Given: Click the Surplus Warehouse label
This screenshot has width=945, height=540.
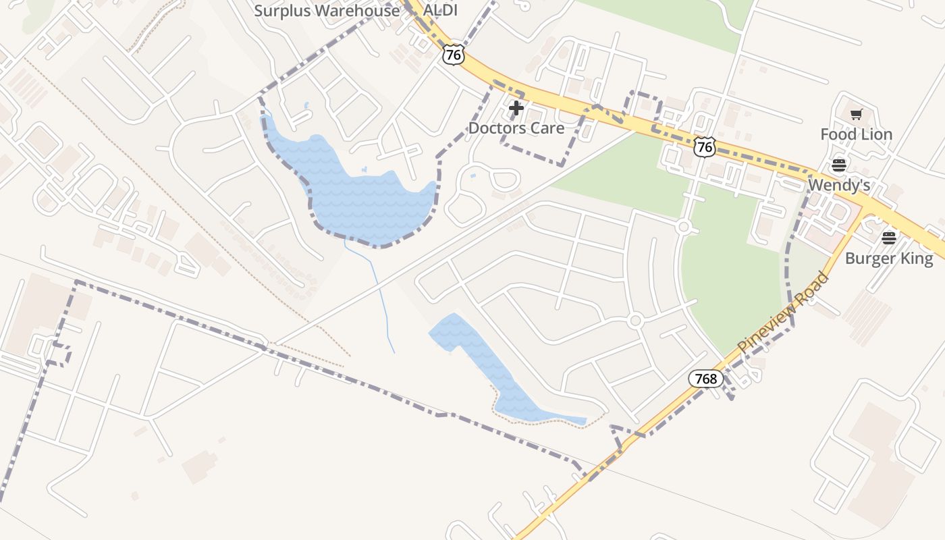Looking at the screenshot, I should tap(327, 11).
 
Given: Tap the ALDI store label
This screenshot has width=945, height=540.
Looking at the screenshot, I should tap(440, 11).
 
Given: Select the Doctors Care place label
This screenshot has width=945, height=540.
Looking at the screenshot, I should tap(516, 128).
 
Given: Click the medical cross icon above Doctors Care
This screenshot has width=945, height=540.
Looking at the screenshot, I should tap(516, 108).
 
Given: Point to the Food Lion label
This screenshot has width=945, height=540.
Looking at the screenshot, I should tap(856, 134).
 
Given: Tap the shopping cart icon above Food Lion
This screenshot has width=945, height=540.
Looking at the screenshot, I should tap(856, 115).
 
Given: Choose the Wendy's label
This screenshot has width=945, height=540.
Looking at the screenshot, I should tap(838, 185).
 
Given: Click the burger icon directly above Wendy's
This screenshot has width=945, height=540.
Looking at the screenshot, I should tap(839, 165).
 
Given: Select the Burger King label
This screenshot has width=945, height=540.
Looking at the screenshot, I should tap(889, 258).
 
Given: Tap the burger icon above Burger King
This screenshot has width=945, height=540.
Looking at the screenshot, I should tap(889, 238).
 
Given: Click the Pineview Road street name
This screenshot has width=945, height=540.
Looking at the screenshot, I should tap(782, 313).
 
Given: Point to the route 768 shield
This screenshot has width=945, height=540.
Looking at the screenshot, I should tap(705, 379).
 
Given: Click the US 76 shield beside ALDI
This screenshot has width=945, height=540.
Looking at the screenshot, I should tap(454, 55).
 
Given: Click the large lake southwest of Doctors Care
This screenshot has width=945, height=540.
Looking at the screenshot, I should tap(358, 196).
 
